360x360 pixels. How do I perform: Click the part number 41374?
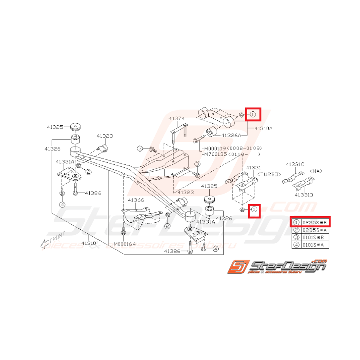tap(176, 118)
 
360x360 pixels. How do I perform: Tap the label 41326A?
tap(231, 135)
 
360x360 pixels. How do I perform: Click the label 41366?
tap(136, 200)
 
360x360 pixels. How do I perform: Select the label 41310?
tap(89, 243)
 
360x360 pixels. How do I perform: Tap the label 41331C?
tap(295, 164)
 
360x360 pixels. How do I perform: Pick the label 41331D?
tap(304, 195)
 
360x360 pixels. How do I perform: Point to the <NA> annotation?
tap(316, 171)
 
